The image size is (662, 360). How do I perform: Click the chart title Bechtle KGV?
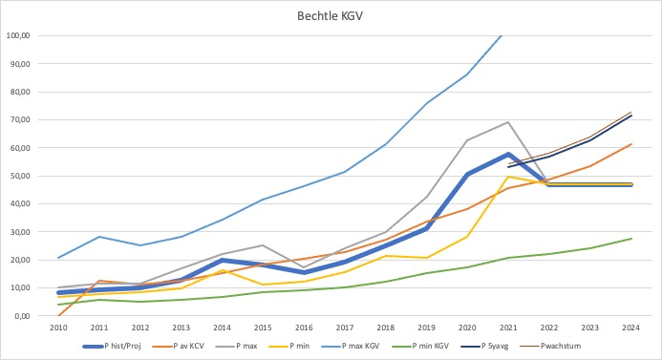331,16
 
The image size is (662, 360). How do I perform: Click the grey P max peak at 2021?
508,122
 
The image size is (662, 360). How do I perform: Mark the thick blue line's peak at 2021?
508,154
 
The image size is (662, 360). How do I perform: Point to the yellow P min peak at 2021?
508,177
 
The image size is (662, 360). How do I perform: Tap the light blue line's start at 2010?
59,258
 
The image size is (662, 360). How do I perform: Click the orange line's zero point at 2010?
59,314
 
